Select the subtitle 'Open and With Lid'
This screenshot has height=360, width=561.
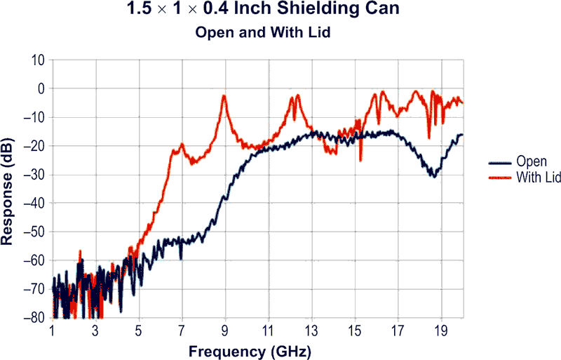point(280,32)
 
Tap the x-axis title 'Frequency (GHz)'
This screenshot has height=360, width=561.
point(257,349)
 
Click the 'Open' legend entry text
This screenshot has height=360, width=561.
point(531,161)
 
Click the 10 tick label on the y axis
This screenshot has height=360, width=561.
point(39,60)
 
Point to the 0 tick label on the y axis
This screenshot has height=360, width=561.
point(41,89)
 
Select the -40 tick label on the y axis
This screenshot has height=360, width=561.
point(35,204)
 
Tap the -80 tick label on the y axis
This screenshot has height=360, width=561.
point(35,318)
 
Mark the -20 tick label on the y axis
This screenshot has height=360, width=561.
point(35,146)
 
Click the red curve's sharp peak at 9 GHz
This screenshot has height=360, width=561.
point(224,97)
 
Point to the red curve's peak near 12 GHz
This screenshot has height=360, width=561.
point(297,95)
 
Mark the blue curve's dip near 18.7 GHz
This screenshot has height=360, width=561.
point(435,176)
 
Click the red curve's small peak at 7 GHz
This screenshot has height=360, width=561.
point(182,145)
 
